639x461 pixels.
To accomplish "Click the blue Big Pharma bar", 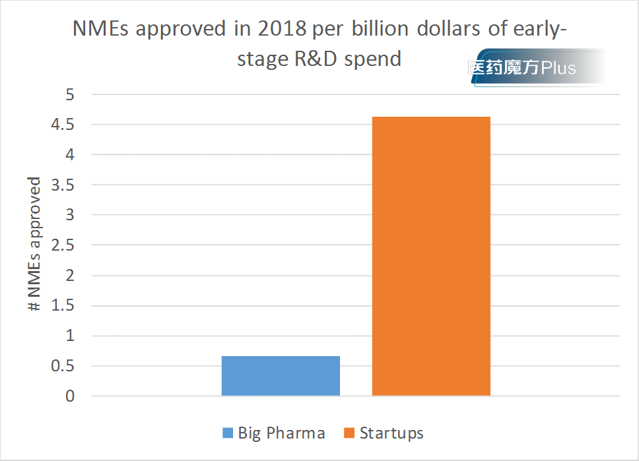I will coord(281,376).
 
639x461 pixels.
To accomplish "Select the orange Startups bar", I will coord(431,257).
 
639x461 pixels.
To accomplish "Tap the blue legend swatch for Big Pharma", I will coord(228,433).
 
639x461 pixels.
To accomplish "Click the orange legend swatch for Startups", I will coord(349,433).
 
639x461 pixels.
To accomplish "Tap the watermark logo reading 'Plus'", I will coord(558,68).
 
